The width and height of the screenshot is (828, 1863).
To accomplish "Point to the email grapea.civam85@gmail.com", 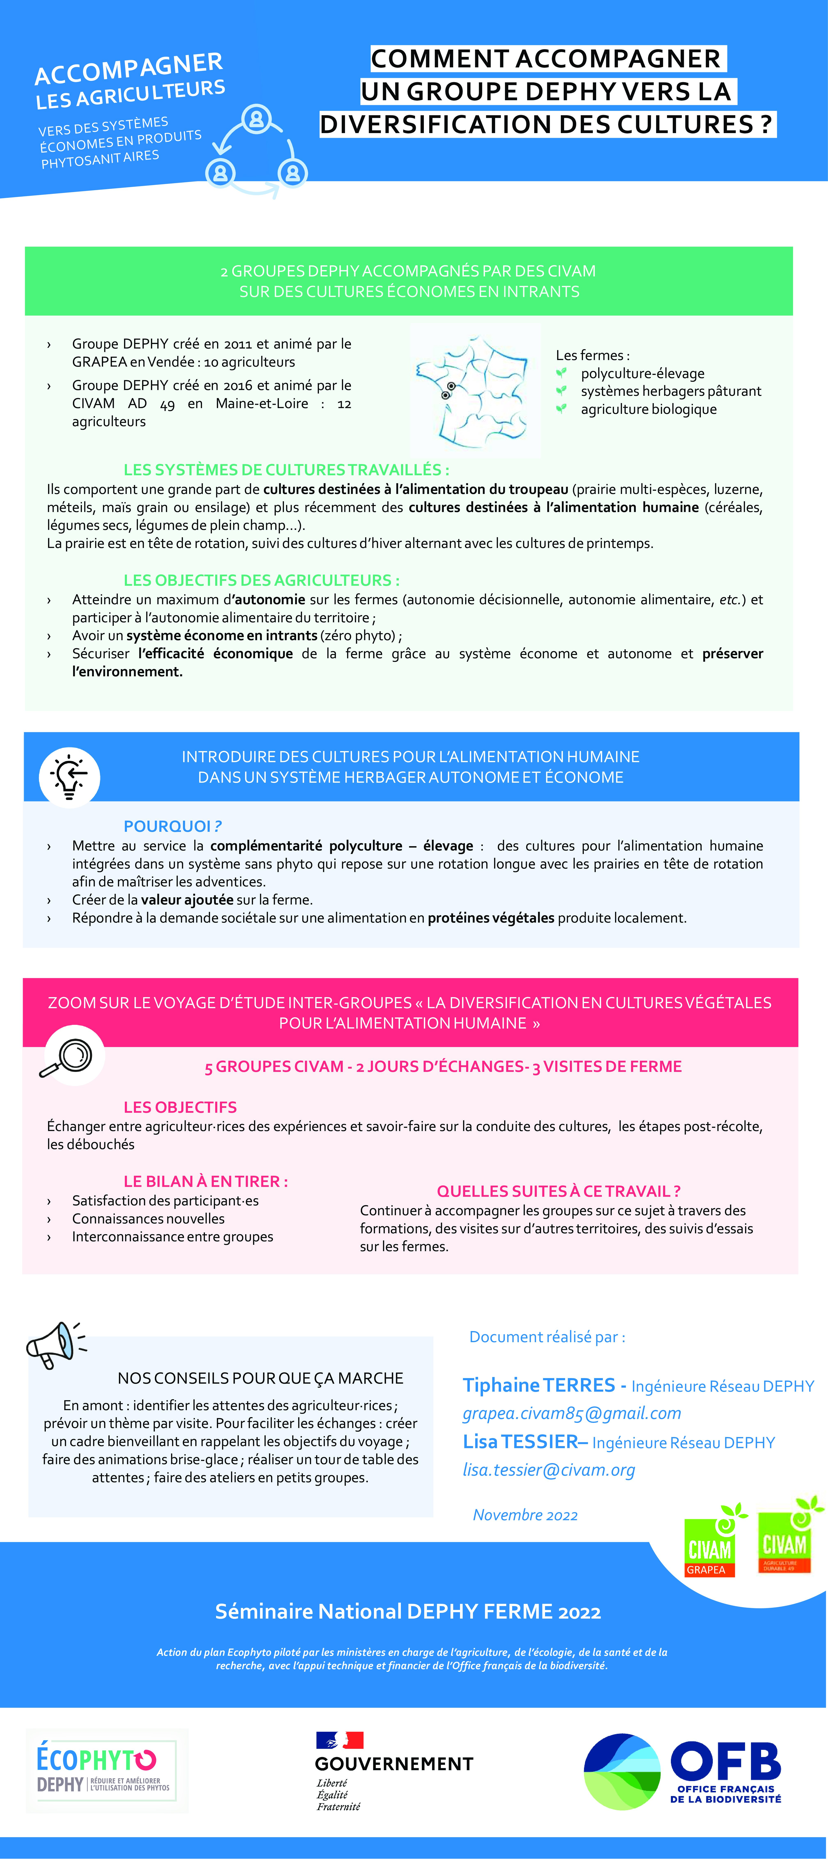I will point(571,1413).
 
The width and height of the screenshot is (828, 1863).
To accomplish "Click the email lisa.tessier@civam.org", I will point(549,1469).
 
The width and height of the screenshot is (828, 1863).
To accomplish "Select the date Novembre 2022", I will point(525,1515).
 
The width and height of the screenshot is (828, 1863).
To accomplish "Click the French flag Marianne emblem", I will point(340,1740).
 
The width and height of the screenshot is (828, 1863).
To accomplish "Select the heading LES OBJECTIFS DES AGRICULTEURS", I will point(261,580).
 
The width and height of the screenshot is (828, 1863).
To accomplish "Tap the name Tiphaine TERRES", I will point(539,1385).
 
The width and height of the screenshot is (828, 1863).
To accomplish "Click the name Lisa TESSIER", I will point(521,1442).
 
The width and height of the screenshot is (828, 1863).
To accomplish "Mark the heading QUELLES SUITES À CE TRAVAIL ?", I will point(558,1191).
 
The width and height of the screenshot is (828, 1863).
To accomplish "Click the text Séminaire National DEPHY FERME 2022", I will point(408,1612).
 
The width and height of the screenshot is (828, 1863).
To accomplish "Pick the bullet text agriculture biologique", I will point(649,409).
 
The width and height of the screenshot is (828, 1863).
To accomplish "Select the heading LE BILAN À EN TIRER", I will point(205,1181).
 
